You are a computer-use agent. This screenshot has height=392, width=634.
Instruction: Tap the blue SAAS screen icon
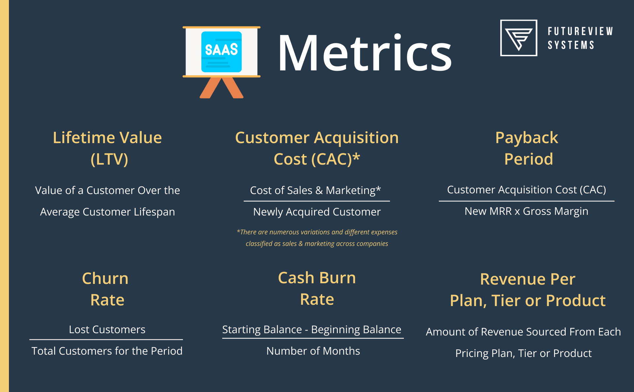[x=221, y=52]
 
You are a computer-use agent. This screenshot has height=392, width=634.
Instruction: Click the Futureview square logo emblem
[x=518, y=38]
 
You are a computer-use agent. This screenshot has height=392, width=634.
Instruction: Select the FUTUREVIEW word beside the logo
[x=580, y=31]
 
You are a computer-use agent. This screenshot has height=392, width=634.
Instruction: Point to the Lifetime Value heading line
[x=107, y=137]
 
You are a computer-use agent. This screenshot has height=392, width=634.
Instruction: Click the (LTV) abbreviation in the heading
[x=109, y=159]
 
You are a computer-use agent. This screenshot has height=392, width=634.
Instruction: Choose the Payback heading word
[x=527, y=137]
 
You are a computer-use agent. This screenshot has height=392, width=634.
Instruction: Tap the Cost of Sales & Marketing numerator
[x=315, y=190]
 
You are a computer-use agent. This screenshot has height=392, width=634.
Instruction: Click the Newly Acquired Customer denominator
[x=317, y=212]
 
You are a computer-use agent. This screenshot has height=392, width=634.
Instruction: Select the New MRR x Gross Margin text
[x=526, y=211]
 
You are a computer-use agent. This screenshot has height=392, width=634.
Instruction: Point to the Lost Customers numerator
[x=107, y=330]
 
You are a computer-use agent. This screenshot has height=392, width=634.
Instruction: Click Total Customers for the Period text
[x=107, y=351]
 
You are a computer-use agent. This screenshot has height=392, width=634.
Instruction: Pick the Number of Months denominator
[x=313, y=351]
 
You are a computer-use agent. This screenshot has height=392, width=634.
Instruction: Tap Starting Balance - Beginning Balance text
[x=312, y=330]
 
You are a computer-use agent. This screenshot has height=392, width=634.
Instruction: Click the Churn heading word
[x=105, y=278]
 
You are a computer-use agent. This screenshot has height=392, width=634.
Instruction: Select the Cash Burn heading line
[x=317, y=278]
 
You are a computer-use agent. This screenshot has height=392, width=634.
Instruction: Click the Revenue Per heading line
[x=528, y=279]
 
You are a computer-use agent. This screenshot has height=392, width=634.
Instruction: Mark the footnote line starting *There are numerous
[x=317, y=232]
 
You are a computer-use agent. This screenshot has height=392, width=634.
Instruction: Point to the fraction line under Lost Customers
[x=106, y=339]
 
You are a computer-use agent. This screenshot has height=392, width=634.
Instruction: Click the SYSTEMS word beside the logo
[x=571, y=45]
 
